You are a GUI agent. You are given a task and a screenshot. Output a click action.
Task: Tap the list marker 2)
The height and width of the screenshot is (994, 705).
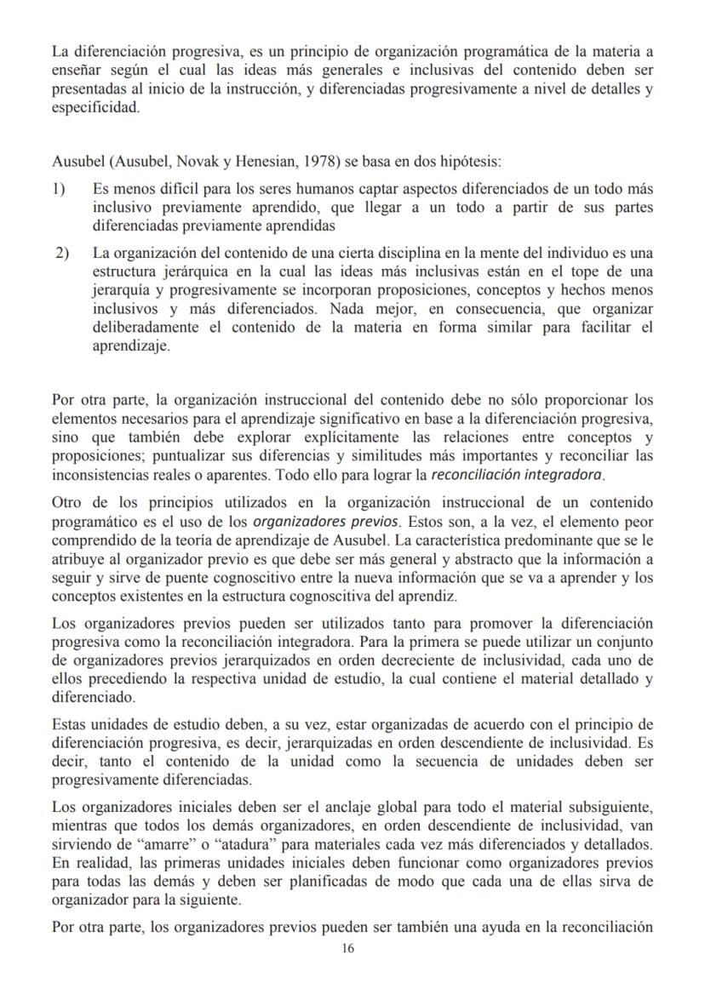coord(63,253)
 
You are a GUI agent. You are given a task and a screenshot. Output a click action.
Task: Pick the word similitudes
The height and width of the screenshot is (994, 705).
coord(350,455)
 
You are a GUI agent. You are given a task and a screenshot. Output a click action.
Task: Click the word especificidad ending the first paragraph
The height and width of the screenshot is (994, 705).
coord(94,108)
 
